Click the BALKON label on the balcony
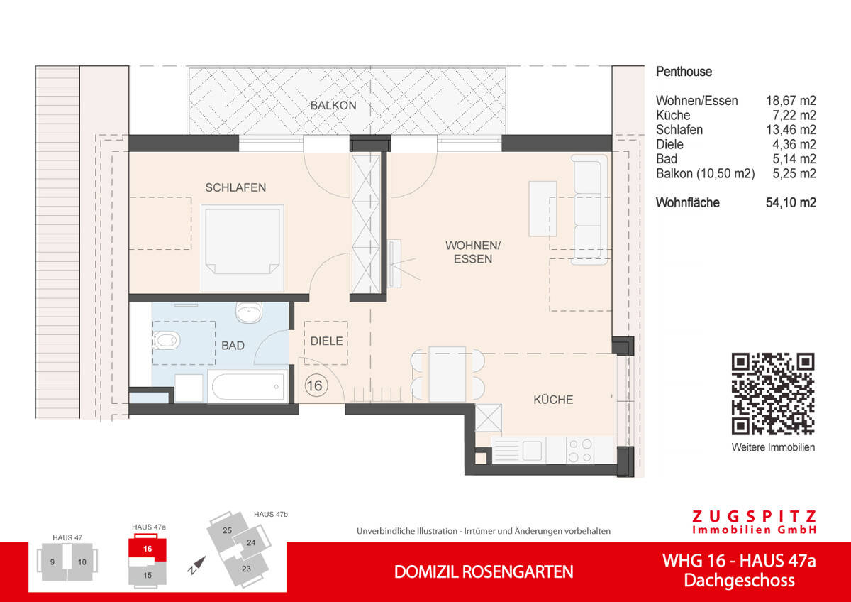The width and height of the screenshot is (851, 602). coord(333,106)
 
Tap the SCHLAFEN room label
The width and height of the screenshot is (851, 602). coord(235,188)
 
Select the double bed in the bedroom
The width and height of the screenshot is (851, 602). coord(243,248)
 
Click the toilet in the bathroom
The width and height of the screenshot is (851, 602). coord(166,341)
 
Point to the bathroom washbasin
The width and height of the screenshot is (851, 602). coord(249,312)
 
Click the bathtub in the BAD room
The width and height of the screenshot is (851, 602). coord(247,387)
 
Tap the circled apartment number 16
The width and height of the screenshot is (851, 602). coord(316,385)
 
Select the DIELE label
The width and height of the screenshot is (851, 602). coord(326,341)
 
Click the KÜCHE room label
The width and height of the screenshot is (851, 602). coord(553,400)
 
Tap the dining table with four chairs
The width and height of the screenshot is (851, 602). coord(447,374)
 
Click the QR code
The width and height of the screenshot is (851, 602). coord(772,393)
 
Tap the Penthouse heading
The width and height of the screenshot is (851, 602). coord(684,72)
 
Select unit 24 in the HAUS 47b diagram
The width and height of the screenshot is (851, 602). coord(250,543)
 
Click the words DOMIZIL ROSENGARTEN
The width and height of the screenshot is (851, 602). coord(484,571)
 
